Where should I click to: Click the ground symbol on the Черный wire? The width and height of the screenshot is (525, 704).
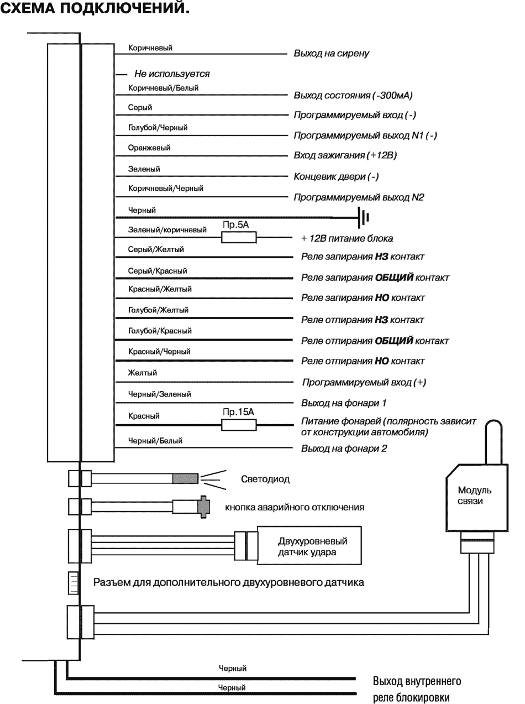(x=363, y=217)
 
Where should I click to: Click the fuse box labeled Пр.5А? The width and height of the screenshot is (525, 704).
(x=239, y=238)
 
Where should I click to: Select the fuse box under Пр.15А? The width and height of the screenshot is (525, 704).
(x=239, y=425)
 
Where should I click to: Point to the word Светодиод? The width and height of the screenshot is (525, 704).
(x=265, y=479)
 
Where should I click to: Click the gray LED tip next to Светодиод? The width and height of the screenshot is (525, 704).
(x=185, y=479)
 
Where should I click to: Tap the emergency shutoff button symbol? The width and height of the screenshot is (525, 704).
(x=203, y=507)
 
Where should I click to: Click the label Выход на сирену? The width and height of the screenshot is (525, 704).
(x=332, y=54)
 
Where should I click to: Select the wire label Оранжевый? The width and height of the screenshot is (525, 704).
(x=149, y=148)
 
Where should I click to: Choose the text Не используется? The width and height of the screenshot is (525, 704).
(x=172, y=74)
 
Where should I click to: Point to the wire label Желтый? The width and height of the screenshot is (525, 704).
(x=143, y=373)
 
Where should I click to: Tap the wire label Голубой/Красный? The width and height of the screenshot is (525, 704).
(x=160, y=331)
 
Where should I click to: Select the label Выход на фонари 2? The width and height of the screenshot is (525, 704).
(x=344, y=449)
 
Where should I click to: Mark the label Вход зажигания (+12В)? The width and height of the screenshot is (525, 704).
(x=345, y=156)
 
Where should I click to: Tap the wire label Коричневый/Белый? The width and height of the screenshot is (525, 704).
(x=163, y=87)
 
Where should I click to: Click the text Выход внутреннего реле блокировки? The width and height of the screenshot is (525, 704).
(x=417, y=689)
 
